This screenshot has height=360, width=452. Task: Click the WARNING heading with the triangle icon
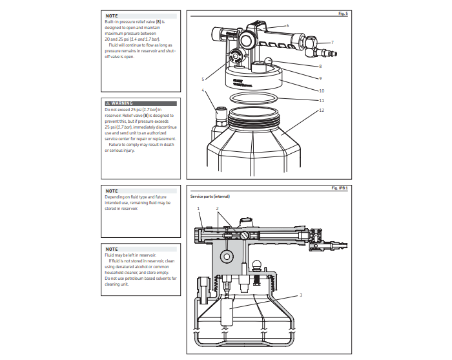pos(122,103)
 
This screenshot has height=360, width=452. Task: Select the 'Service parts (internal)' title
pos(210,196)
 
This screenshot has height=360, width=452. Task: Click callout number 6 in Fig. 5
pos(287,25)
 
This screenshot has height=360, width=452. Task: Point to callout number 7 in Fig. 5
pos(332,43)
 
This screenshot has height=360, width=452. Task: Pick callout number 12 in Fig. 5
pos(321,111)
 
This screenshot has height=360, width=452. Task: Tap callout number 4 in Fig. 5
pos(203,90)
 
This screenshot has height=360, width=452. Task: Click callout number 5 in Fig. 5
pos(203,79)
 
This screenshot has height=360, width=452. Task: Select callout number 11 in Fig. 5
pos(321,101)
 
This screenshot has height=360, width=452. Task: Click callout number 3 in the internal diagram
pos(301,295)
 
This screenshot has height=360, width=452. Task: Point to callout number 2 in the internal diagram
pos(217,209)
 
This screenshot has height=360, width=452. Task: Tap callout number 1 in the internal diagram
pos(198,209)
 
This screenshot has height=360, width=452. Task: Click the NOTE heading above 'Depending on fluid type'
pos(112,191)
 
